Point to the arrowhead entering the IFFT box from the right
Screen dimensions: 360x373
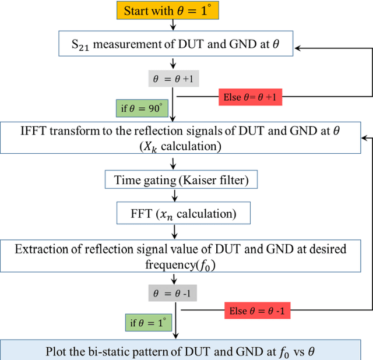(x=364, y=138)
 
